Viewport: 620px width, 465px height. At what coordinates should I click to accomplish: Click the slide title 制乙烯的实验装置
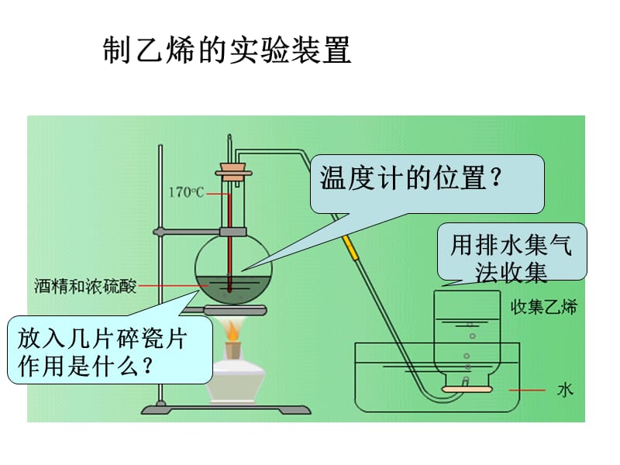tap(227, 52)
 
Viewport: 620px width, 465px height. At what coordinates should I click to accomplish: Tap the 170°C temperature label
tap(186, 191)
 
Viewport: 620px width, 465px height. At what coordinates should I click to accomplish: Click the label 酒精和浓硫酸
tap(85, 286)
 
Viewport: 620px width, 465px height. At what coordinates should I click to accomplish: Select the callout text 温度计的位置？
tap(411, 181)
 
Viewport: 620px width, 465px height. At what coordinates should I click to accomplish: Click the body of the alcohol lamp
tap(237, 380)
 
